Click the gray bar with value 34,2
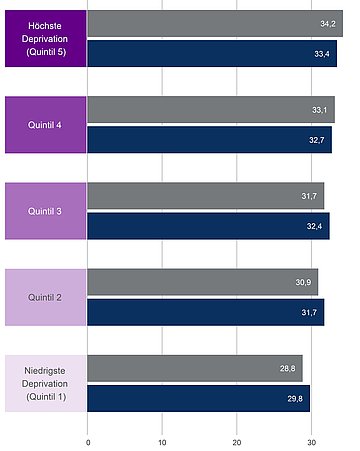214,23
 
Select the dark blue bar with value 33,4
212,54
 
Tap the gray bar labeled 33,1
211,109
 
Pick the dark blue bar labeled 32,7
210,140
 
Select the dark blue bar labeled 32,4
208,226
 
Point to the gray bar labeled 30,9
203,282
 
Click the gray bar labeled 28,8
195,368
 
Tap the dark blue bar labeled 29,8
199,399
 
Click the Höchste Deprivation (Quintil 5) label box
44,38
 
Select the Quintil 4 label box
44,125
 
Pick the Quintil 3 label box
44,211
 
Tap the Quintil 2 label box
44,297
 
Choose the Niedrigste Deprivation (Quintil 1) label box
44,383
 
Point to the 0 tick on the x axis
88,441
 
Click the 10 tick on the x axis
162,441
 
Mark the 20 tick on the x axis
237,441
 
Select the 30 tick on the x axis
311,441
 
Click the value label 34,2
327,23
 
